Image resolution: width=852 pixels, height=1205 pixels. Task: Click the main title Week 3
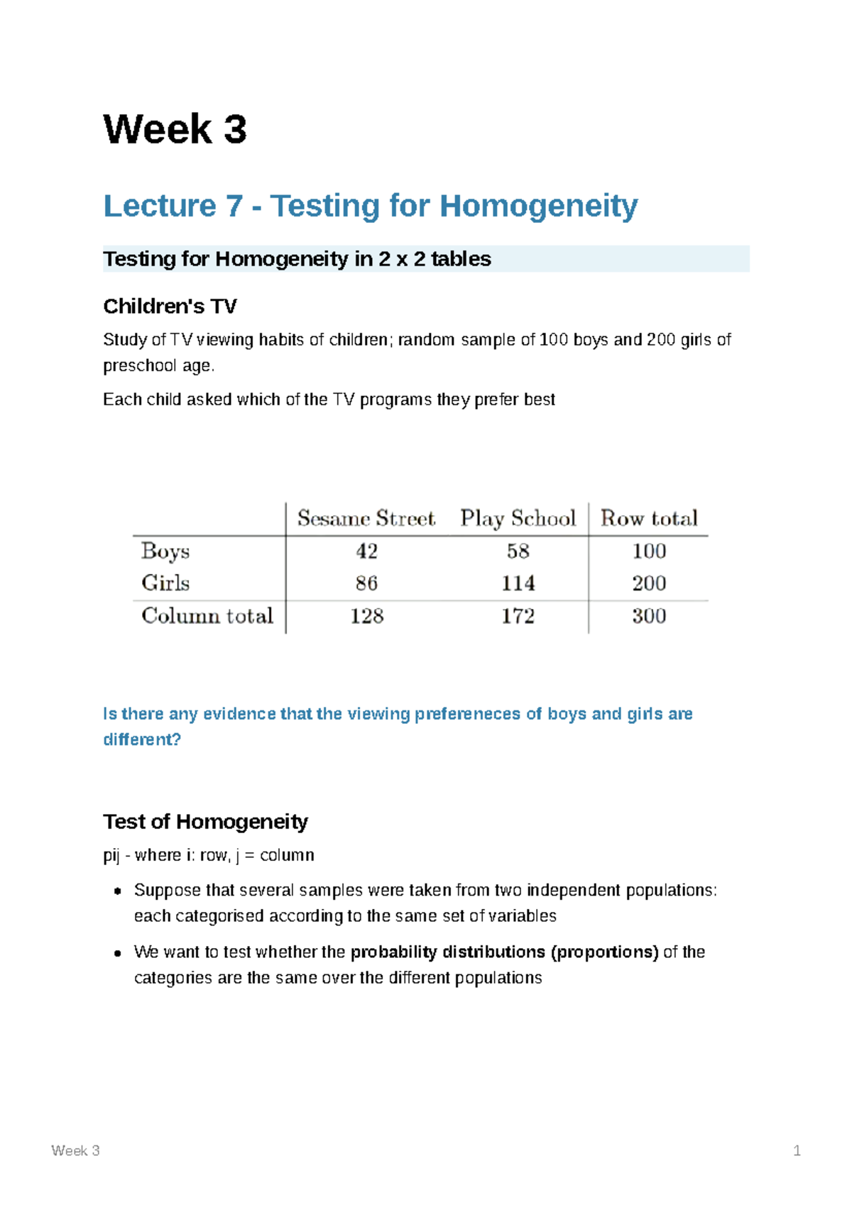tap(175, 129)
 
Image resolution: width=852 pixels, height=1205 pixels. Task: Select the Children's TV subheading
tap(170, 307)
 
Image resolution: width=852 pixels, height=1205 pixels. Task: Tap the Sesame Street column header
tap(366, 518)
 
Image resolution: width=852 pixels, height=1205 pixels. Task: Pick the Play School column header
tap(518, 518)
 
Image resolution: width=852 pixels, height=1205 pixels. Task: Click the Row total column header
tap(649, 518)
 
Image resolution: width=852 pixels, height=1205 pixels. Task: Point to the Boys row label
tap(165, 551)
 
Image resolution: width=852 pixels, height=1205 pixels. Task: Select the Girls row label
tap(165, 583)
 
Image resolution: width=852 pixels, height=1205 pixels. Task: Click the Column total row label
tap(207, 616)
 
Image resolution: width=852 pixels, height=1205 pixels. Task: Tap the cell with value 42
tap(366, 551)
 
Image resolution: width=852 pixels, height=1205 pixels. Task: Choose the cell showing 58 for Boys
tap(518, 551)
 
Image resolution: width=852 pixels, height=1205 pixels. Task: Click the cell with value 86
tap(366, 583)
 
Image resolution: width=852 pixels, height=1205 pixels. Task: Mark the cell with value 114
tap(518, 583)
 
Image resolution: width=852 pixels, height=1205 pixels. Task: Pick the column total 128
tap(366, 616)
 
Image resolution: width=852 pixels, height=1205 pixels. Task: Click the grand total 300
tap(649, 616)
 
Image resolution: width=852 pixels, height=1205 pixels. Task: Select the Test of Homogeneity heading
tap(205, 822)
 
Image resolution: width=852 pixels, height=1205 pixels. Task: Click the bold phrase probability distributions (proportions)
tap(505, 952)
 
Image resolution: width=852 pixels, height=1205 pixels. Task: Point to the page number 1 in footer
tap(797, 1150)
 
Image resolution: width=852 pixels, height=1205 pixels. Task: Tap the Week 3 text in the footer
tap(75, 1150)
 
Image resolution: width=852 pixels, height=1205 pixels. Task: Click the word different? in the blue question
tap(142, 739)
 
